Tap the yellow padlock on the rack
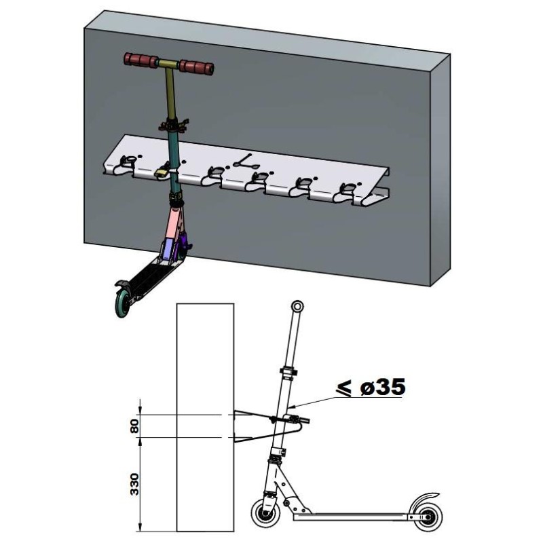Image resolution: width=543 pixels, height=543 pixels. click(162, 174)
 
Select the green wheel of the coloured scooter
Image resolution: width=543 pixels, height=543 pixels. click(124, 302)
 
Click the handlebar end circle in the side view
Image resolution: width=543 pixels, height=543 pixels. click(297, 306)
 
